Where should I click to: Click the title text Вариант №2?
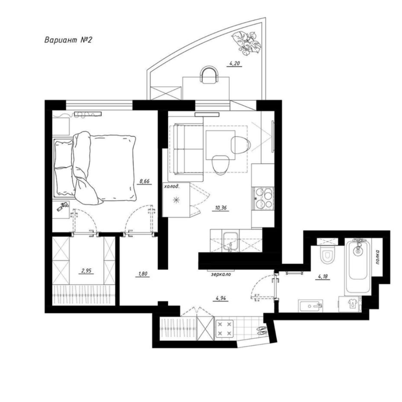pyautogui.click(x=68, y=40)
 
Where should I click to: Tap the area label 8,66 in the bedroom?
pyautogui.click(x=144, y=181)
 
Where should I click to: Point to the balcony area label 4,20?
pyautogui.click(x=234, y=64)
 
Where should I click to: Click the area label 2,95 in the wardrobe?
pyautogui.click(x=87, y=270)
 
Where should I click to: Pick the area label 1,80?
pyautogui.click(x=143, y=274)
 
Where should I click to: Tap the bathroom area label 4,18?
pyautogui.click(x=323, y=277)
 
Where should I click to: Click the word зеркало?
pyautogui.click(x=221, y=274)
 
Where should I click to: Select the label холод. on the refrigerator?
pyautogui.click(x=172, y=187)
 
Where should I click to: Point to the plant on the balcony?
pyautogui.click(x=246, y=43)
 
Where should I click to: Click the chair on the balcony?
pyautogui.click(x=209, y=75)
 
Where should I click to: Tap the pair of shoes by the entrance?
pyautogui.click(x=262, y=330)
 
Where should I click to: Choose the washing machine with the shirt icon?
pyautogui.click(x=350, y=304)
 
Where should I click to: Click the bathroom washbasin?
pyautogui.click(x=310, y=306)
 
